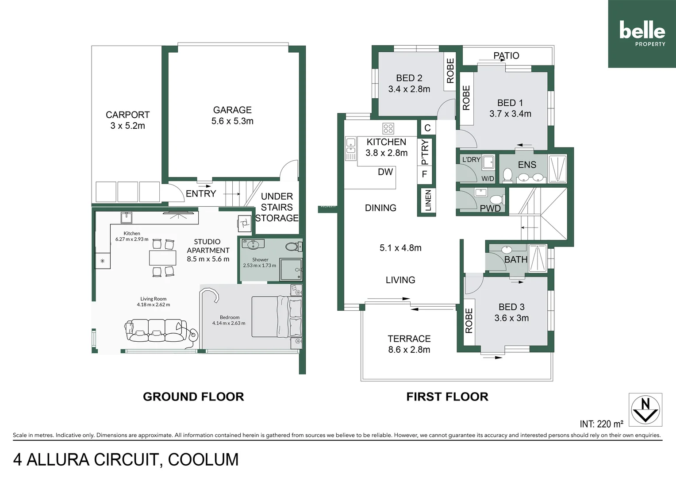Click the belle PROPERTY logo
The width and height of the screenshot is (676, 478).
[x=642, y=34]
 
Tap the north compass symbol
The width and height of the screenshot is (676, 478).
[x=645, y=409]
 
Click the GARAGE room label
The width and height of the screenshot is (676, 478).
[x=232, y=110]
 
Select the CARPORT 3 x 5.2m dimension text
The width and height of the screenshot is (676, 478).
[x=127, y=126]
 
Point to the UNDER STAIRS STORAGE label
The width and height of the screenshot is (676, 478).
[x=277, y=207]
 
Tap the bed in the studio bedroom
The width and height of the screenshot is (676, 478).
[x=277, y=316]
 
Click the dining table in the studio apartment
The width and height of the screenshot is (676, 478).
[x=162, y=258]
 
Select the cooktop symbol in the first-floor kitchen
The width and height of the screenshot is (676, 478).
[x=388, y=128]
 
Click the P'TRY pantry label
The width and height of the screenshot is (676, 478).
[x=425, y=151]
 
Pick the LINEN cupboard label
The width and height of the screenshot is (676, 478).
[x=428, y=200]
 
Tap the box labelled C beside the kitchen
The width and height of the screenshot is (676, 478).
[x=427, y=128]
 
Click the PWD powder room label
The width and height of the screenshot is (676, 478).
[x=490, y=208]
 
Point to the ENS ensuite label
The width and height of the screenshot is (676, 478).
[x=527, y=165]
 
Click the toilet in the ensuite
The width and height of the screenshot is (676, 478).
[x=507, y=175]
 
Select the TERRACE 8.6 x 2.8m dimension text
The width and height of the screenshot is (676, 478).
[x=409, y=350]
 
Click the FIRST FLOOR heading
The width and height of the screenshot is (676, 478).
[x=447, y=397]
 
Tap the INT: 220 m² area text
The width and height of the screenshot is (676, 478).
[x=601, y=424]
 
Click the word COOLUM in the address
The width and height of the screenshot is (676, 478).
[x=203, y=459]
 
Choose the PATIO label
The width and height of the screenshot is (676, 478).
[x=506, y=56]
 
